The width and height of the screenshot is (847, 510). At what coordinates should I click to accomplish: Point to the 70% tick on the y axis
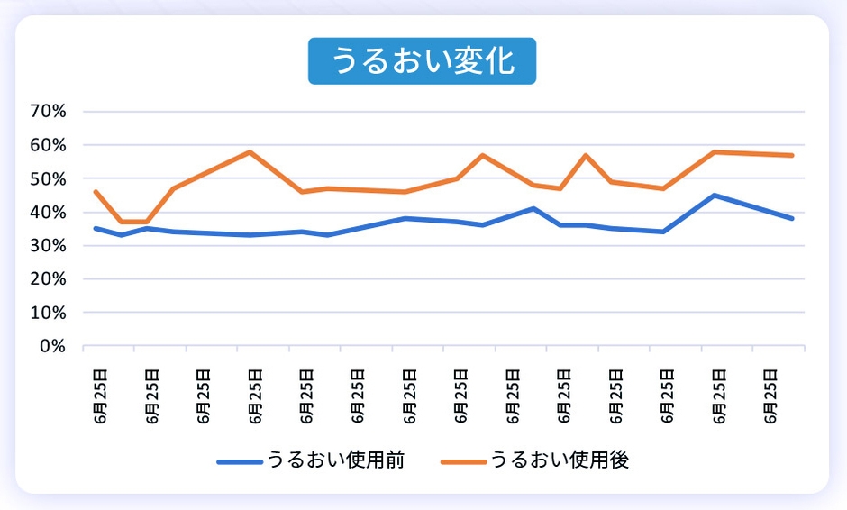tap(49, 112)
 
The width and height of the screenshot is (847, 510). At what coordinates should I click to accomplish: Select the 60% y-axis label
tap(49, 145)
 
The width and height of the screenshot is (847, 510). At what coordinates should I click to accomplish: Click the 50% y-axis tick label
tap(49, 178)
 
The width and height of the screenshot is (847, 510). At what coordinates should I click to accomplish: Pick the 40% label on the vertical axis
tap(49, 213)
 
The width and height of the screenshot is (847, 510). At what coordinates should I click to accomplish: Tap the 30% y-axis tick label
tap(49, 246)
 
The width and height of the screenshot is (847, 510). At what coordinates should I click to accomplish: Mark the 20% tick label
tap(49, 279)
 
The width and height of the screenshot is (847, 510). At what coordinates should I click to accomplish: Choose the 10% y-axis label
tap(49, 313)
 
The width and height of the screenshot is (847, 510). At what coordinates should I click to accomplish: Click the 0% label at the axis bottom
tap(53, 346)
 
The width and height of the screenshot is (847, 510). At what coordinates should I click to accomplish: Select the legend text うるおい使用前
tap(335, 460)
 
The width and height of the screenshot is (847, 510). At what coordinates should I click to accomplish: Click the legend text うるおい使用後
tap(560, 460)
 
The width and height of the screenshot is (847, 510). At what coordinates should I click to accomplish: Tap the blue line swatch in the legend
tap(239, 461)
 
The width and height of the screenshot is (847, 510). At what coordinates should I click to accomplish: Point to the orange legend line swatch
tap(463, 461)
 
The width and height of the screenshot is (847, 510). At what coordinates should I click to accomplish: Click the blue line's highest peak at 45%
tap(715, 195)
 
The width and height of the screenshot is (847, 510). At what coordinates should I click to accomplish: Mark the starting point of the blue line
tap(95, 228)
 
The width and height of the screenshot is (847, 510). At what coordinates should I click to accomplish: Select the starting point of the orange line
tap(95, 191)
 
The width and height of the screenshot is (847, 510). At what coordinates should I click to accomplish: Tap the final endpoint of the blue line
tap(792, 218)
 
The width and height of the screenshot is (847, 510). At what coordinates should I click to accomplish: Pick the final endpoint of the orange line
tap(792, 155)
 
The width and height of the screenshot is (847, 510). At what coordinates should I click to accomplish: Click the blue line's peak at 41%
tap(534, 208)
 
